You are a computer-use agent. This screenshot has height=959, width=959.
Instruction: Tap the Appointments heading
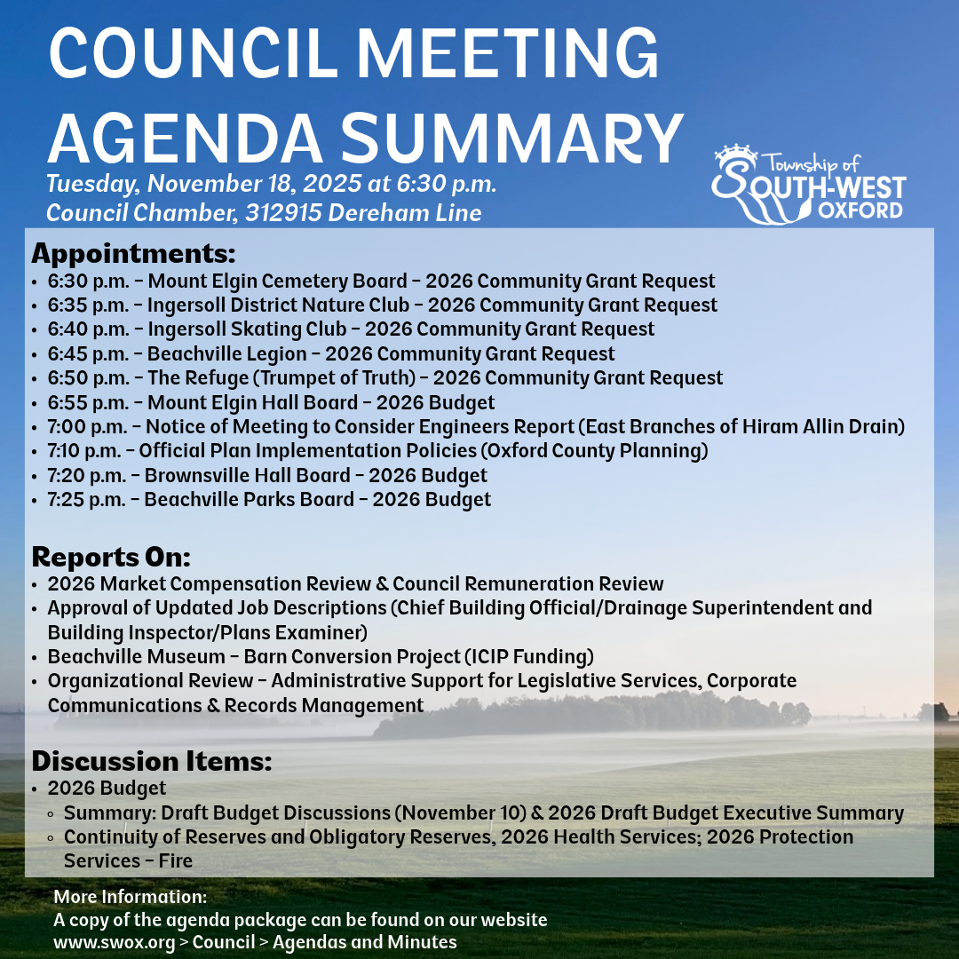[x=133, y=253]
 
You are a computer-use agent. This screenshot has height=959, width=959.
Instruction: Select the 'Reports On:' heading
[x=111, y=557]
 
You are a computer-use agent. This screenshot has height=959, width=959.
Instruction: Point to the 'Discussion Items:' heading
[x=151, y=761]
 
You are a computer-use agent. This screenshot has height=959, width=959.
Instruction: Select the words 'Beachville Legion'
[x=227, y=354]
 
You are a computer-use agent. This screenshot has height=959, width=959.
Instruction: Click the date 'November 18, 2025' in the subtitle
[x=254, y=185]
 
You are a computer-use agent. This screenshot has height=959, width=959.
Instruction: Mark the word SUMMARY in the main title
[x=512, y=138]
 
